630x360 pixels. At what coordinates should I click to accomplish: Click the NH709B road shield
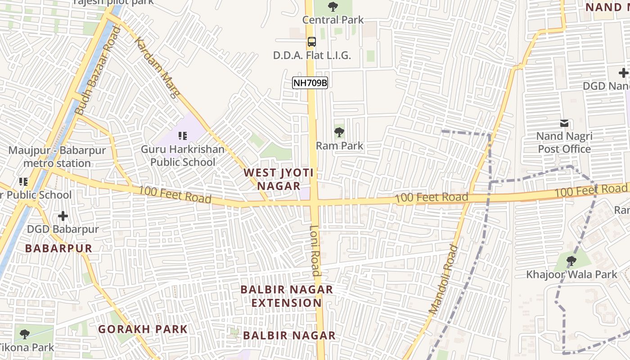310,83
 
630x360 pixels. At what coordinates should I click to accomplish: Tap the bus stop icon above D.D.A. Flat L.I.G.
311,42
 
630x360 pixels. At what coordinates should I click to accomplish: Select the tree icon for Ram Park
339,132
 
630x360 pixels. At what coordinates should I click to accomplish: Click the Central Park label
333,20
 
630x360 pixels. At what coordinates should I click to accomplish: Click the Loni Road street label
315,250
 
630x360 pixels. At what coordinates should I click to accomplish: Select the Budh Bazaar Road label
98,70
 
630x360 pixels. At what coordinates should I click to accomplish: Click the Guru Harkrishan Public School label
182,155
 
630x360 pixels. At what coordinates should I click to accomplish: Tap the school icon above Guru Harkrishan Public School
182,135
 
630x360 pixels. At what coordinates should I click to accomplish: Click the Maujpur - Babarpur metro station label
57,157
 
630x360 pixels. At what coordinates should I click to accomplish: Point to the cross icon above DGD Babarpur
63,216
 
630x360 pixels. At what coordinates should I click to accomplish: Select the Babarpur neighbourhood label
58,248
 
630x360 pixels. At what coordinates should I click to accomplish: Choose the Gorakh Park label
143,329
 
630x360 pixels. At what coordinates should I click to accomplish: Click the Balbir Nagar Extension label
287,296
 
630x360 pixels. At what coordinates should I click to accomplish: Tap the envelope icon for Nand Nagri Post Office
564,123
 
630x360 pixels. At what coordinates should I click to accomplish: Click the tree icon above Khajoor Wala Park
571,261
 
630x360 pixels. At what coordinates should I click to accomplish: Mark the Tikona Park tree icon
25,334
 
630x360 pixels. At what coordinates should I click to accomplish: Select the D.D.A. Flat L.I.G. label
312,55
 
